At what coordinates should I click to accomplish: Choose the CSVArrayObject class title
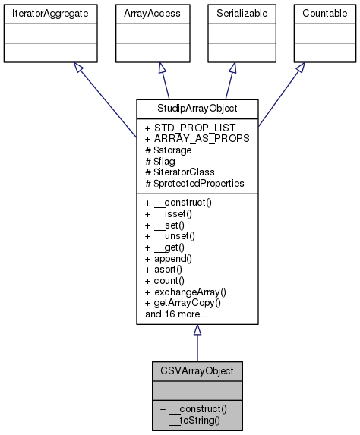tap(197, 371)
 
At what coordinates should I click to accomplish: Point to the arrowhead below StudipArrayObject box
tap(197, 330)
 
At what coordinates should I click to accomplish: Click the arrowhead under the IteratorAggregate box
tap(77, 68)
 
